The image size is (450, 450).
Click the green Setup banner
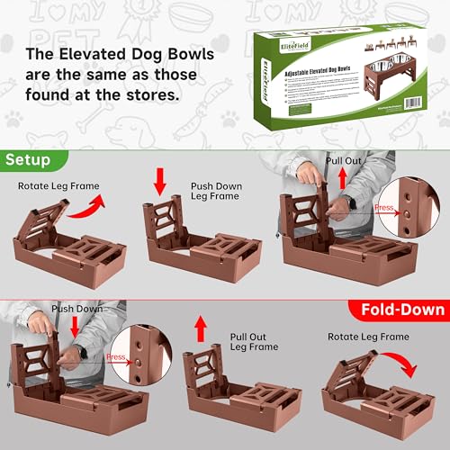31,159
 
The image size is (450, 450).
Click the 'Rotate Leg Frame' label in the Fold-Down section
368,336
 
